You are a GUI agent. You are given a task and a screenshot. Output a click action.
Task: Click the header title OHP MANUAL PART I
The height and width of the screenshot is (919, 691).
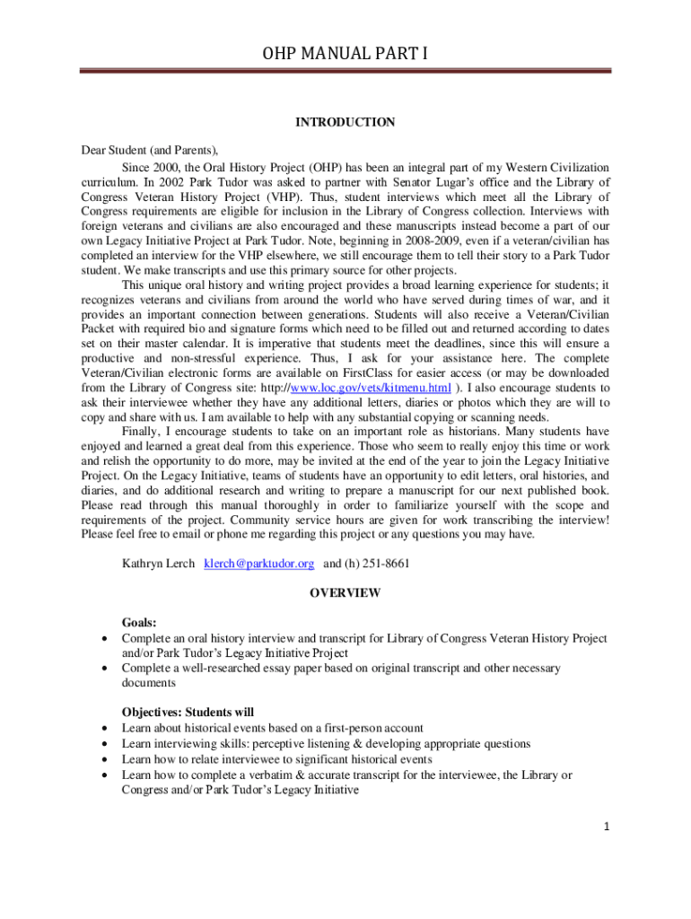tap(345, 55)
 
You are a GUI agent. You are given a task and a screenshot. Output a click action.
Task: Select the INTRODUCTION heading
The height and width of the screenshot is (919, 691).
tap(345, 122)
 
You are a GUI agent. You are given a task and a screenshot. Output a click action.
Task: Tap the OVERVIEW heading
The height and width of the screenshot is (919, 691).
tap(345, 593)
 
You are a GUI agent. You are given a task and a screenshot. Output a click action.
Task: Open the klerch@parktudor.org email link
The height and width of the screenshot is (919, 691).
tap(258, 564)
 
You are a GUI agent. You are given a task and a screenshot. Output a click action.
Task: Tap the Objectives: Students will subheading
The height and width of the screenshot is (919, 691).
tap(188, 713)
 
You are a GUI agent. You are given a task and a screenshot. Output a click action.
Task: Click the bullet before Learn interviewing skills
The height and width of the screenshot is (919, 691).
tap(107, 744)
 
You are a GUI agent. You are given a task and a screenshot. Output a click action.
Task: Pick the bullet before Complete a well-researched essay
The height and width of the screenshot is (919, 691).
tap(107, 669)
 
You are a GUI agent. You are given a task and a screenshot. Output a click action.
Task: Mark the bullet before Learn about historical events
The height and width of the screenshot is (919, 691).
tap(107, 729)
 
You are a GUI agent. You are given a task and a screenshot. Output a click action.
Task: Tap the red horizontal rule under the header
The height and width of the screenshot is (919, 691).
tap(345, 71)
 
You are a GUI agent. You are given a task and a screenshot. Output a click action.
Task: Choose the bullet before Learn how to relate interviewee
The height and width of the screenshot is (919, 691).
tap(107, 759)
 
